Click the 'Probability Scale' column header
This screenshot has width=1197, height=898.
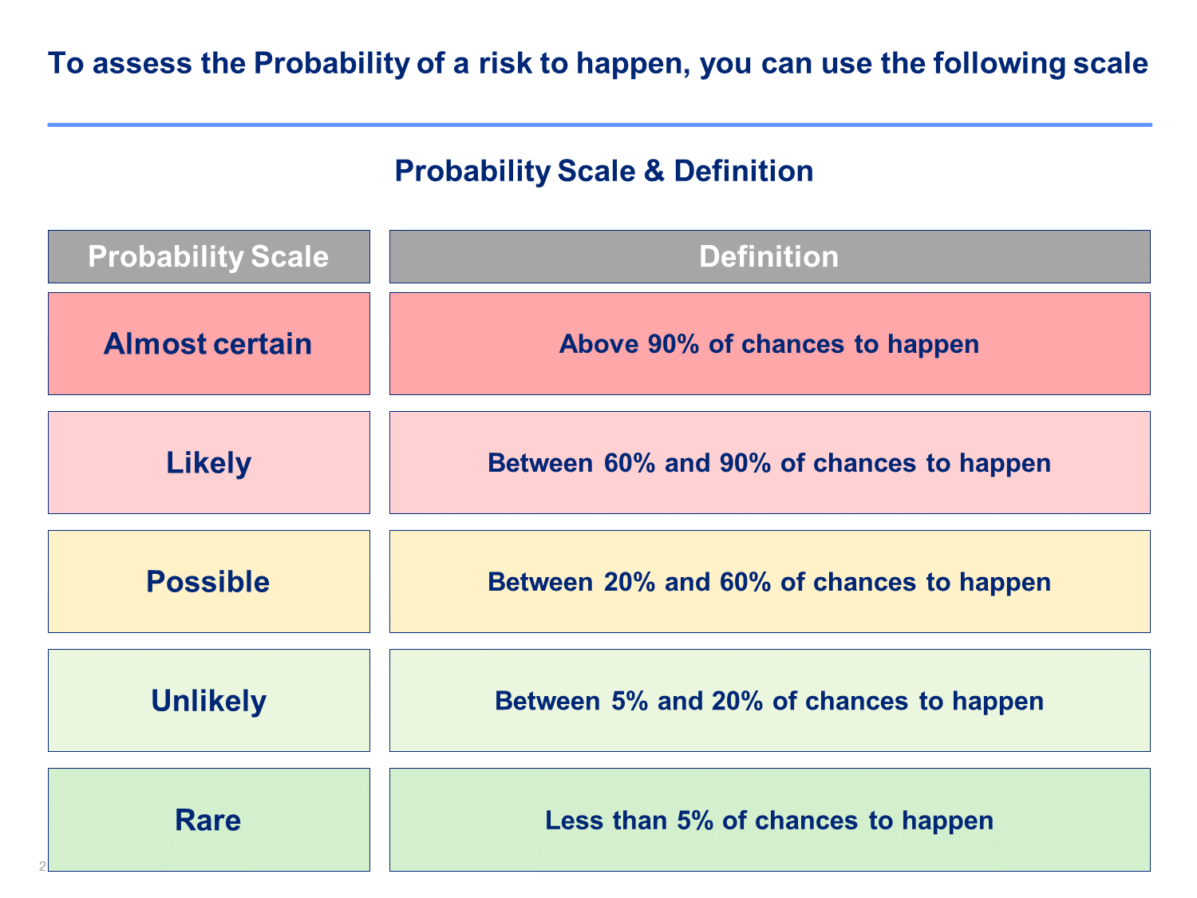pos(208,256)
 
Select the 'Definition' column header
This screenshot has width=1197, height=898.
pos(769,256)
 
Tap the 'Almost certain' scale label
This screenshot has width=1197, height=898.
pos(207,344)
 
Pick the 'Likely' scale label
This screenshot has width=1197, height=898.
pos(208,463)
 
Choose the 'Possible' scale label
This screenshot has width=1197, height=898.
pos(207,582)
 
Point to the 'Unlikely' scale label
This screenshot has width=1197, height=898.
pos(208,701)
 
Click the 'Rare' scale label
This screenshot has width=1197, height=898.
pos(207,820)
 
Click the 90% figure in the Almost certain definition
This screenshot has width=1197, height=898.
pos(673,344)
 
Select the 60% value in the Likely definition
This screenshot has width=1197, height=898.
pos(630,463)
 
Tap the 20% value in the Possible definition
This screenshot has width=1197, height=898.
pos(630,582)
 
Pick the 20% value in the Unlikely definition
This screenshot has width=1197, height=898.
pos(737,701)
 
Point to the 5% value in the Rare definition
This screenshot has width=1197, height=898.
pos(695,820)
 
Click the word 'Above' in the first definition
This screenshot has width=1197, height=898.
pos(598,344)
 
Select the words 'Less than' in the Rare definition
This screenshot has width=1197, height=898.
pos(606,820)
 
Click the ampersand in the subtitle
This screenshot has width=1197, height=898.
pos(654,171)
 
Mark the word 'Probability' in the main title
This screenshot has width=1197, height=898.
pos(331,64)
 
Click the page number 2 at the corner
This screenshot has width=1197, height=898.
pos(42,866)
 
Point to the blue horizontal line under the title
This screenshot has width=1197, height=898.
pos(599,125)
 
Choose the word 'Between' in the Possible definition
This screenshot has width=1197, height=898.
pos(540,582)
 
